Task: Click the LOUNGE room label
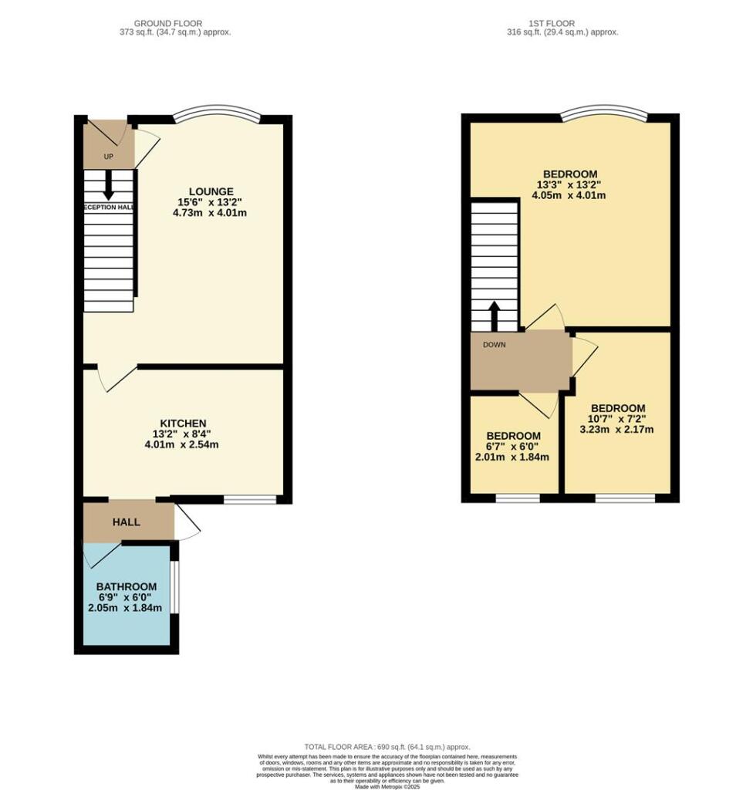(x=211, y=191)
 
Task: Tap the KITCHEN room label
(x=183, y=423)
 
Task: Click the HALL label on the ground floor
(x=127, y=522)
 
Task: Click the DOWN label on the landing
(x=495, y=345)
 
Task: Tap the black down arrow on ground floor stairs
(x=108, y=184)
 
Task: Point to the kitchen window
(x=250, y=500)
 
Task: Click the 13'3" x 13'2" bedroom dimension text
(x=570, y=184)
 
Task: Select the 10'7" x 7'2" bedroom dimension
(x=617, y=419)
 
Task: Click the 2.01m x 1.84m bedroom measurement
(x=512, y=457)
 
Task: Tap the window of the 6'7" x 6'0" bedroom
(x=517, y=499)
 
